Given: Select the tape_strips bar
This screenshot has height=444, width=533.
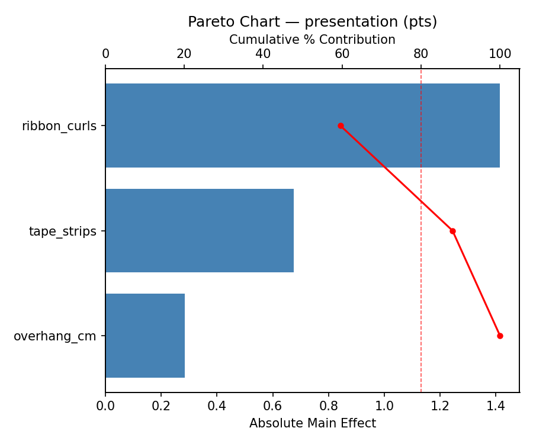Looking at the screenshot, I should pyautogui.click(x=200, y=231).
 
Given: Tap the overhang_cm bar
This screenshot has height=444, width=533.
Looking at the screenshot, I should pyautogui.click(x=145, y=336).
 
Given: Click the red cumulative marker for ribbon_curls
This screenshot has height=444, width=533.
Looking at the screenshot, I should pyautogui.click(x=341, y=126).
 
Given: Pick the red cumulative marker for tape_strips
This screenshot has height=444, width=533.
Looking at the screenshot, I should pyautogui.click(x=452, y=231).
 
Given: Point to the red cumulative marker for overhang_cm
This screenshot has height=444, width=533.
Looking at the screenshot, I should pyautogui.click(x=500, y=336).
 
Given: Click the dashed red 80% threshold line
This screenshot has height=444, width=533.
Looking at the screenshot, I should pyautogui.click(x=421, y=272).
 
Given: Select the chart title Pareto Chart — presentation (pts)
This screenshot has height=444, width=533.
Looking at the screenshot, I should pyautogui.click(x=312, y=22).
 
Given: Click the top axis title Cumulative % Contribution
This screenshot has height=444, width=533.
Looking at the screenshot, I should pyautogui.click(x=312, y=40).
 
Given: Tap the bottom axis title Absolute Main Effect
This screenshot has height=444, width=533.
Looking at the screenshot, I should pyautogui.click(x=312, y=423).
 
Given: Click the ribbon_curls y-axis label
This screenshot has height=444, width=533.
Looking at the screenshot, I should pyautogui.click(x=59, y=126).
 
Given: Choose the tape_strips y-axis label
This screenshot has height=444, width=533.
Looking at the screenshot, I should pyautogui.click(x=63, y=231).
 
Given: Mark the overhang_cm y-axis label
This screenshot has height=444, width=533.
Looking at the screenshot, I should pyautogui.click(x=55, y=336).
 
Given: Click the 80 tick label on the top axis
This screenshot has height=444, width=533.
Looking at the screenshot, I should pyautogui.click(x=421, y=54).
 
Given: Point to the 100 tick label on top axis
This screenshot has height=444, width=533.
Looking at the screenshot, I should pyautogui.click(x=500, y=54).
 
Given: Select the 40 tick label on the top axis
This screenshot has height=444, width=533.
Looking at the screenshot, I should pyautogui.click(x=263, y=54).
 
